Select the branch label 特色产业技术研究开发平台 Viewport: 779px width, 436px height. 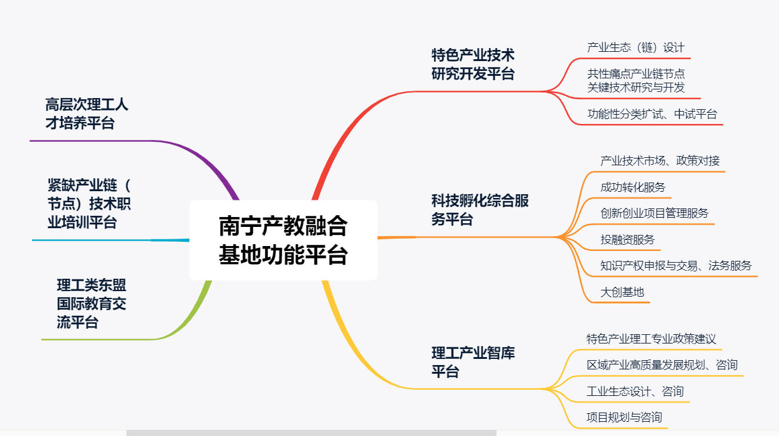(473, 64)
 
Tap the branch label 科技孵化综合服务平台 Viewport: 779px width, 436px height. (480, 210)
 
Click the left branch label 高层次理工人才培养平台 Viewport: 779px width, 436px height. (87, 113)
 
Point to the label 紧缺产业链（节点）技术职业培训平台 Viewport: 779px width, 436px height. (90, 204)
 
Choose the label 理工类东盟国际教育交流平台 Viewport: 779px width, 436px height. (91, 303)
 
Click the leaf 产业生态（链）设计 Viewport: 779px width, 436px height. (635, 47)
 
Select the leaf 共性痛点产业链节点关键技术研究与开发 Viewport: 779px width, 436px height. (635, 80)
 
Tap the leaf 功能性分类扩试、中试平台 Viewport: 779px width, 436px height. (652, 114)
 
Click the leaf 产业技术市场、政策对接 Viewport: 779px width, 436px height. (659, 161)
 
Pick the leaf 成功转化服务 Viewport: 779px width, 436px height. (633, 187)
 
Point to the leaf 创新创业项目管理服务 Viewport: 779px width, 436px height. (654, 213)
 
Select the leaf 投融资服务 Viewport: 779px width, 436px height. (627, 239)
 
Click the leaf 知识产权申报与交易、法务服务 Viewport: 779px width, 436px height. (676, 266)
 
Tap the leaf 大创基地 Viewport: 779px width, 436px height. (622, 292)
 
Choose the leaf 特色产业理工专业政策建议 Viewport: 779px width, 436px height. (651, 339)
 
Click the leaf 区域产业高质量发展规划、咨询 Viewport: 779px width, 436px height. (662, 365)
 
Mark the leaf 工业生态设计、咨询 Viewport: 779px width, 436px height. (635, 392)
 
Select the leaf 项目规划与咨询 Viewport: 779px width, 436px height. (624, 417)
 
